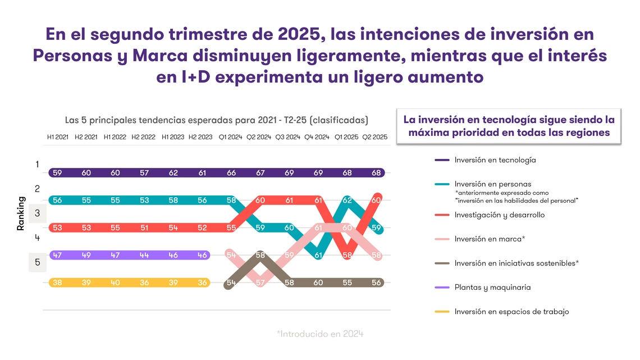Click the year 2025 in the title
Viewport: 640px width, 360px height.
point(299,35)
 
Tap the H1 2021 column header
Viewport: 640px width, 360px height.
point(58,137)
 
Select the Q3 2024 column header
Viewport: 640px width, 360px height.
point(289,137)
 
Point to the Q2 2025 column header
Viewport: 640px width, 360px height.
point(374,137)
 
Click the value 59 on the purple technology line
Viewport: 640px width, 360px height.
point(57,173)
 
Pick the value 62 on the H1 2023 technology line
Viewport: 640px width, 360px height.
point(173,173)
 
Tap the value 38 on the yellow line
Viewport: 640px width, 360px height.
point(57,283)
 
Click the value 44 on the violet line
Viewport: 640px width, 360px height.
point(144,255)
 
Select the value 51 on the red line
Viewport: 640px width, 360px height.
point(144,227)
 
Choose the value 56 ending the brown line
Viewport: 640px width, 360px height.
point(376,283)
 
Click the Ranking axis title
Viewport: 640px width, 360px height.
point(21,213)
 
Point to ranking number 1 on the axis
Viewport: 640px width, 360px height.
point(37,165)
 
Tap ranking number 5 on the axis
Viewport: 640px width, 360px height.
point(37,262)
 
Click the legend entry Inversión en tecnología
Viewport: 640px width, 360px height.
point(495,160)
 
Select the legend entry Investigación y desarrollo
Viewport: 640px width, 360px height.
point(499,215)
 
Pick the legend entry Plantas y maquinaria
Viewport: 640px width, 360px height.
point(492,288)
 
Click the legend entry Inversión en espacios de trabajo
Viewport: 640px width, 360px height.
point(511,312)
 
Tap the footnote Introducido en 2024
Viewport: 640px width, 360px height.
point(320,334)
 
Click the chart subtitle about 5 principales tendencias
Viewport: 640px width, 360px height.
point(216,120)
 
